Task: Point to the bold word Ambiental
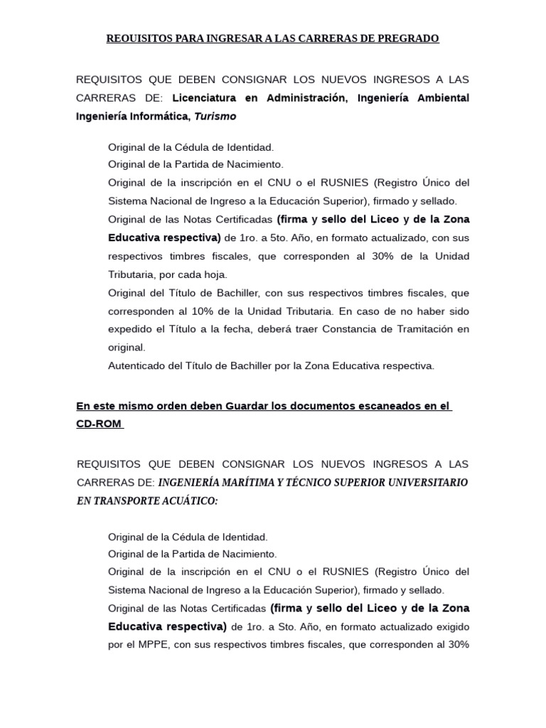tap(443, 97)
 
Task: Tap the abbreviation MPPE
tap(151, 645)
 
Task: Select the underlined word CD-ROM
tap(99, 424)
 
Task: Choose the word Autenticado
tap(139, 366)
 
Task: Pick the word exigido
tap(449, 627)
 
